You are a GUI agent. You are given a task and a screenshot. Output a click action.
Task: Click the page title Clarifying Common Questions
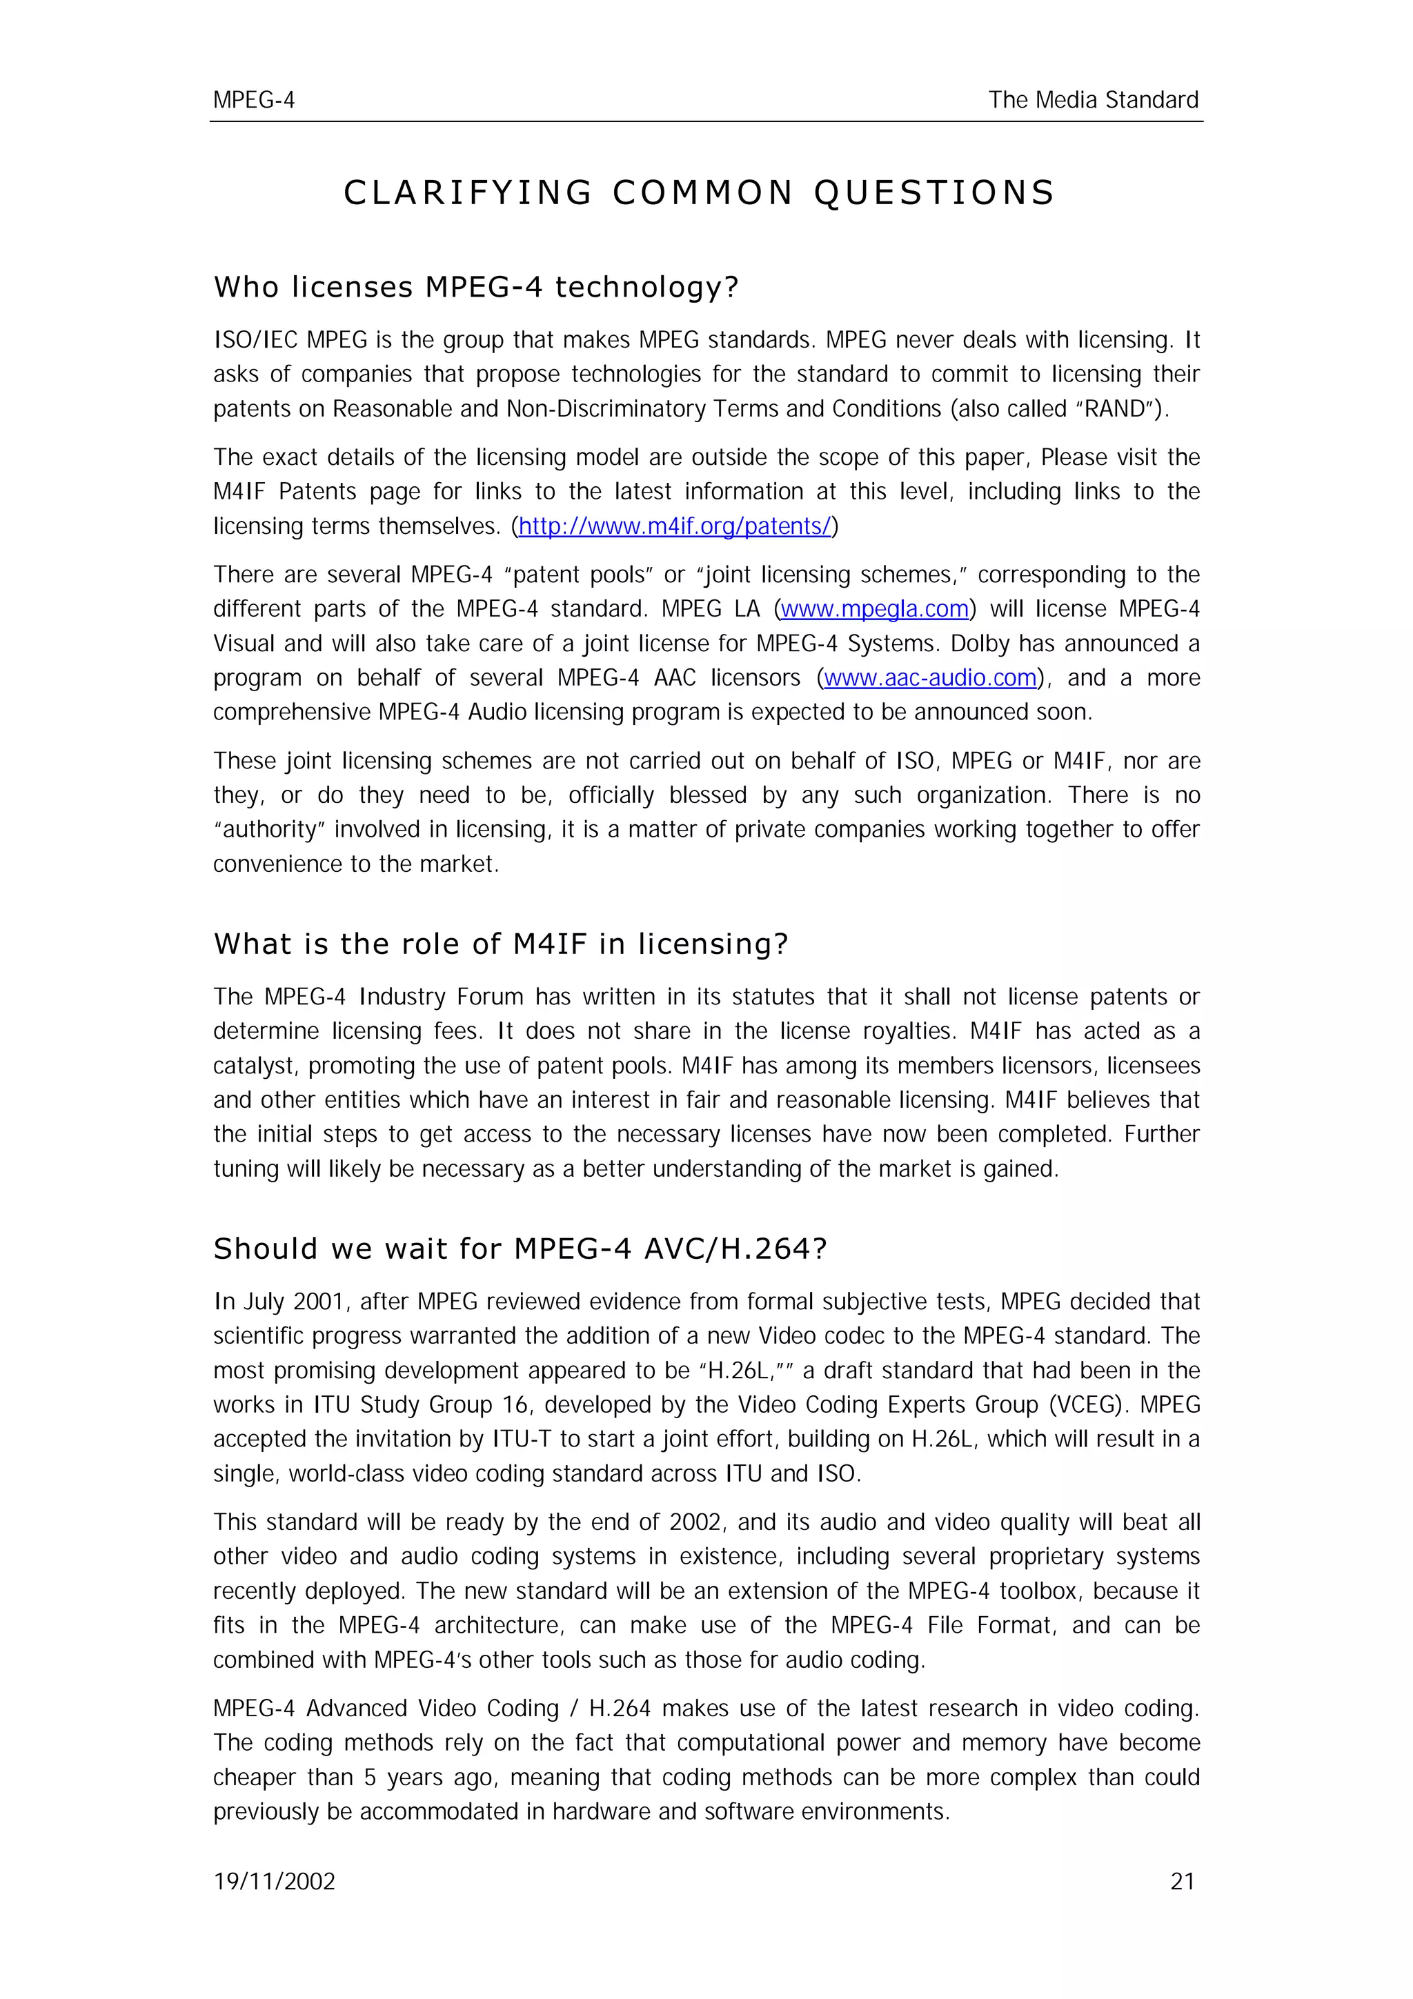point(699,192)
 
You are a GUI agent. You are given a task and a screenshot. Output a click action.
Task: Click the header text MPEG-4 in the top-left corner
point(253,100)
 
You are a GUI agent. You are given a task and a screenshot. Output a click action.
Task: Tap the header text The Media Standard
point(1093,100)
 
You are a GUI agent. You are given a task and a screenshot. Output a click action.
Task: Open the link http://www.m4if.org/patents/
point(675,527)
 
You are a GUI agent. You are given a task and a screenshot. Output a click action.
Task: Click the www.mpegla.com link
point(874,610)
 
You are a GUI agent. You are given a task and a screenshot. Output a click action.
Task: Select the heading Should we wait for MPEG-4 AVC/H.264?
point(520,1249)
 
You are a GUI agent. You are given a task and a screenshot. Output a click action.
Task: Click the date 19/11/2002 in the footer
point(274,1882)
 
